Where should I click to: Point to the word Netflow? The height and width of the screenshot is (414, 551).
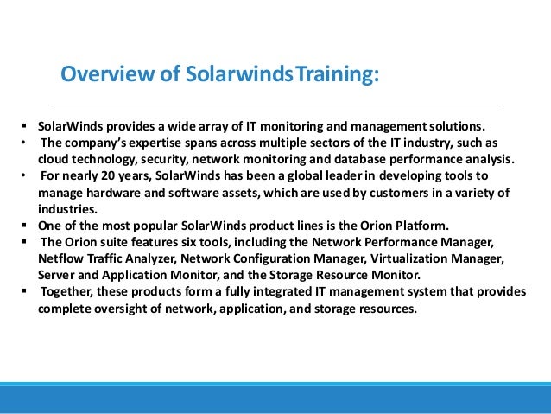[60, 258]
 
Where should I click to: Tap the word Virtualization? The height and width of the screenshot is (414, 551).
[389, 258]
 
